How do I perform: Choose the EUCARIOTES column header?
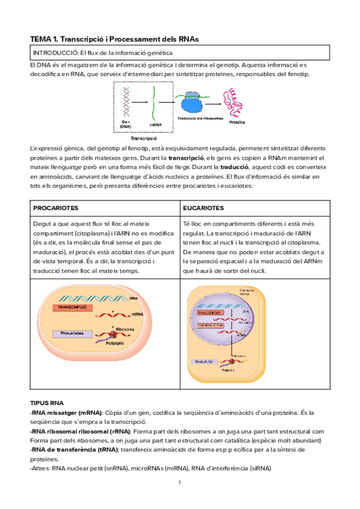204,208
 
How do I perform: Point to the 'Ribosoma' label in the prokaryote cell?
125,329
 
